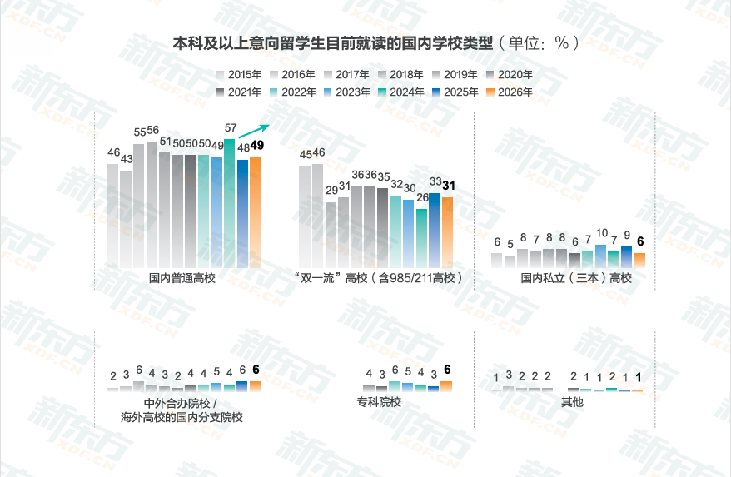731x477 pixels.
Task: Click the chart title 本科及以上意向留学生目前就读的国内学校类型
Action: pyautogui.click(x=333, y=42)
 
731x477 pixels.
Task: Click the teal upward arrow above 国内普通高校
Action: pyautogui.click(x=254, y=131)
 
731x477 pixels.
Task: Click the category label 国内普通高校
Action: pyautogui.click(x=182, y=278)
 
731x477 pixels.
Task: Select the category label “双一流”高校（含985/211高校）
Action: pyautogui.click(x=379, y=278)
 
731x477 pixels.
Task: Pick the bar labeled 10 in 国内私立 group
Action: pyautogui.click(x=601, y=256)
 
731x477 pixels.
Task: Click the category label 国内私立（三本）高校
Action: pyautogui.click(x=576, y=278)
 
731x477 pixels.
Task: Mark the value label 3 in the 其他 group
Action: pyautogui.click(x=509, y=375)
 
